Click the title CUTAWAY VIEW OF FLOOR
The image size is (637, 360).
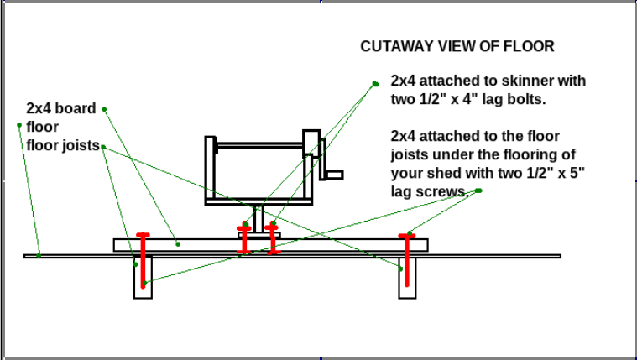point(457,47)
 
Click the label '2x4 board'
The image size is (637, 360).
point(61,109)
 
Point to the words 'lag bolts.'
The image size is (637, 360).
point(511,100)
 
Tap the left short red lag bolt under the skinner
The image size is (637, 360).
point(244,239)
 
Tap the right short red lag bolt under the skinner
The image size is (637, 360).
point(273,239)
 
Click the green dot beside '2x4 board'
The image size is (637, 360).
point(105,108)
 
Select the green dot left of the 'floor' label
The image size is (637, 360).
point(19,126)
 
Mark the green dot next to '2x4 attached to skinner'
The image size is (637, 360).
point(375,83)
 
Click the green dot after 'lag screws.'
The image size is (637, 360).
point(478,190)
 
